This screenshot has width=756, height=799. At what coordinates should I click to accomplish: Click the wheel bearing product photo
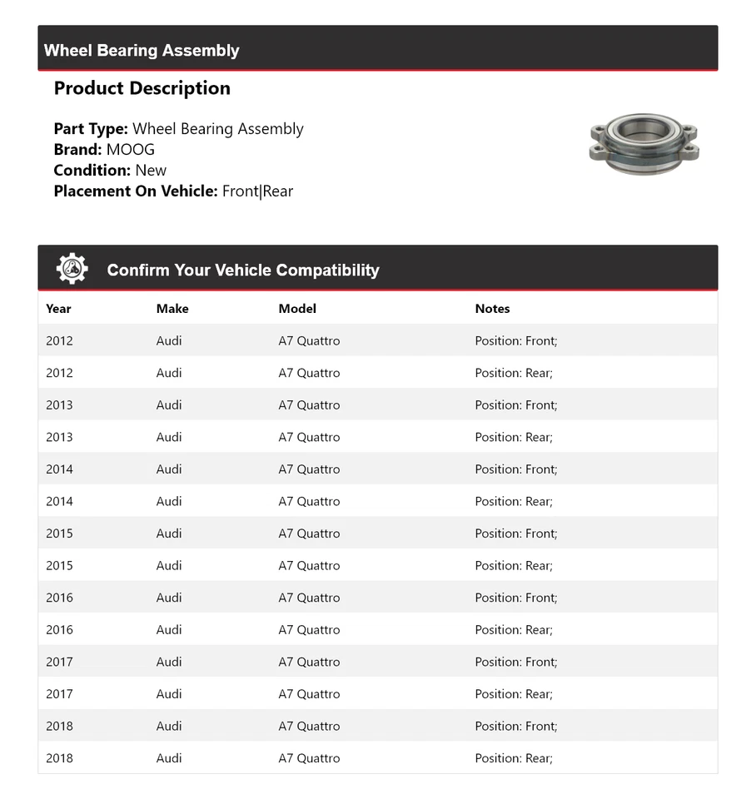644,142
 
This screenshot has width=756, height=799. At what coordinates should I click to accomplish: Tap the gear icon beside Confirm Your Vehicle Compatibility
72,269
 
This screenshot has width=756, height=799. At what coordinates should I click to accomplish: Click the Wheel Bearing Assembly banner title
142,50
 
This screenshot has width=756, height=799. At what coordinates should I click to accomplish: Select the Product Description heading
142,88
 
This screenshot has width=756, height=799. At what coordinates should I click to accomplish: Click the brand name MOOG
131,150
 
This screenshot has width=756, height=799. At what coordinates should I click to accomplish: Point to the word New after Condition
151,171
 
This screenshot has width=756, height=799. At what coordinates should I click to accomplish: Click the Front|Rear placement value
257,191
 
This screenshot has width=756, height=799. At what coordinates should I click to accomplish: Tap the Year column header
58,309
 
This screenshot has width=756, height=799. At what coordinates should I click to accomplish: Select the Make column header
172,309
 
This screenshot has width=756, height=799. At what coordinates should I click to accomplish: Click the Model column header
297,309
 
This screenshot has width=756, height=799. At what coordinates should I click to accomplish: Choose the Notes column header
492,309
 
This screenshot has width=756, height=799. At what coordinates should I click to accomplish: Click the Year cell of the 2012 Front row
59,340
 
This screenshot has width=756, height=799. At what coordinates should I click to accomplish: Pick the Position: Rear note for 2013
514,437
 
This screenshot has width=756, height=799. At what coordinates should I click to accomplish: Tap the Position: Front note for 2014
516,469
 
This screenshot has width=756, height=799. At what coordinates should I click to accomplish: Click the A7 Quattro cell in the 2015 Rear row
309,566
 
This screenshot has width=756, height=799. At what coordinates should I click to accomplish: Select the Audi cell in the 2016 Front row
169,598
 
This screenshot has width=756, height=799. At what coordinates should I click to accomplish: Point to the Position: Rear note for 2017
514,694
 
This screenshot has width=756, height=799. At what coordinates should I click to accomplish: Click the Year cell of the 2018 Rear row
59,758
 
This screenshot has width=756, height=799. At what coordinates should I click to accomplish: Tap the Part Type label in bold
91,129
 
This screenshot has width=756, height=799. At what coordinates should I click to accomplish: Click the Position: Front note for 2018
516,727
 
